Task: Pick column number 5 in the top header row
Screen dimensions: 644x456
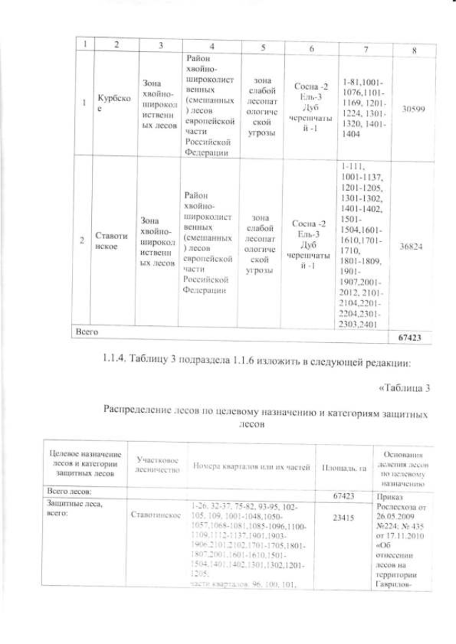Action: click(263, 47)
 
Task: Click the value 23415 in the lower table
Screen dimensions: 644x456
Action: click(343, 519)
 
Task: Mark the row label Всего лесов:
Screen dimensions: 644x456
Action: click(70, 492)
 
